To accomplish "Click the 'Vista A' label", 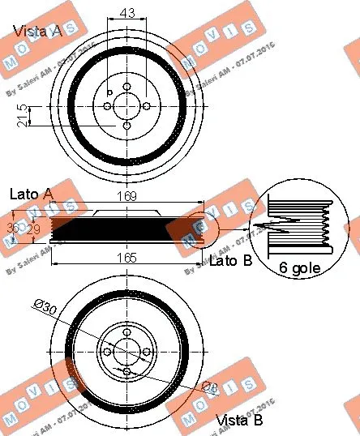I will [x=36, y=32].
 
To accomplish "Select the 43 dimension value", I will [x=126, y=13].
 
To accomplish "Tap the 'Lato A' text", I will [x=31, y=194].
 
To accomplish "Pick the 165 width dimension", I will [x=121, y=259].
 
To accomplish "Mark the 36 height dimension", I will [x=12, y=228].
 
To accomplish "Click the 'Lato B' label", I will [x=231, y=261].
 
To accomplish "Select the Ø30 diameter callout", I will [x=45, y=306].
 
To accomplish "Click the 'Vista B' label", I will [x=239, y=421].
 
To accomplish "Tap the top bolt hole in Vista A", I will [x=126, y=87].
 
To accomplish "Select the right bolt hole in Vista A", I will [x=146, y=105].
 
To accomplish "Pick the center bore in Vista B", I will [x=126, y=352].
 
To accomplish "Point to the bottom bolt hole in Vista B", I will [x=126, y=371].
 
